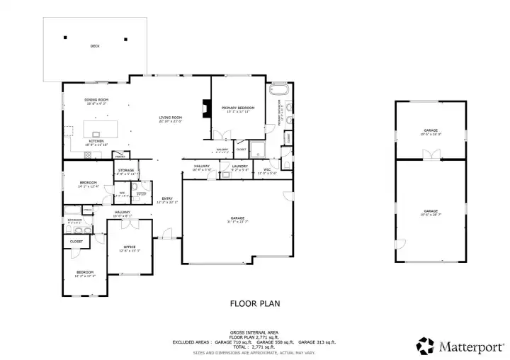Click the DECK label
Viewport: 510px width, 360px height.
click(95, 47)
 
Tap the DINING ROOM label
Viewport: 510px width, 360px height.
click(96, 101)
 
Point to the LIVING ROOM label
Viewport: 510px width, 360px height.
click(171, 118)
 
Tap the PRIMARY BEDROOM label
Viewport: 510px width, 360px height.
click(238, 108)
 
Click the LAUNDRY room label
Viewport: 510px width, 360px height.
click(239, 167)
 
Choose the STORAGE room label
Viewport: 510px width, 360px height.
click(126, 170)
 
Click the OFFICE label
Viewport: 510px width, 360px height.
click(130, 247)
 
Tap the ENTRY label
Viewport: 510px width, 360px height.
click(167, 198)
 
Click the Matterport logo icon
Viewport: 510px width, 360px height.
click(425, 345)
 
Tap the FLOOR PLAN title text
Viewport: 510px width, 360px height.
click(255, 304)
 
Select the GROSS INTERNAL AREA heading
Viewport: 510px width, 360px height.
click(254, 332)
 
